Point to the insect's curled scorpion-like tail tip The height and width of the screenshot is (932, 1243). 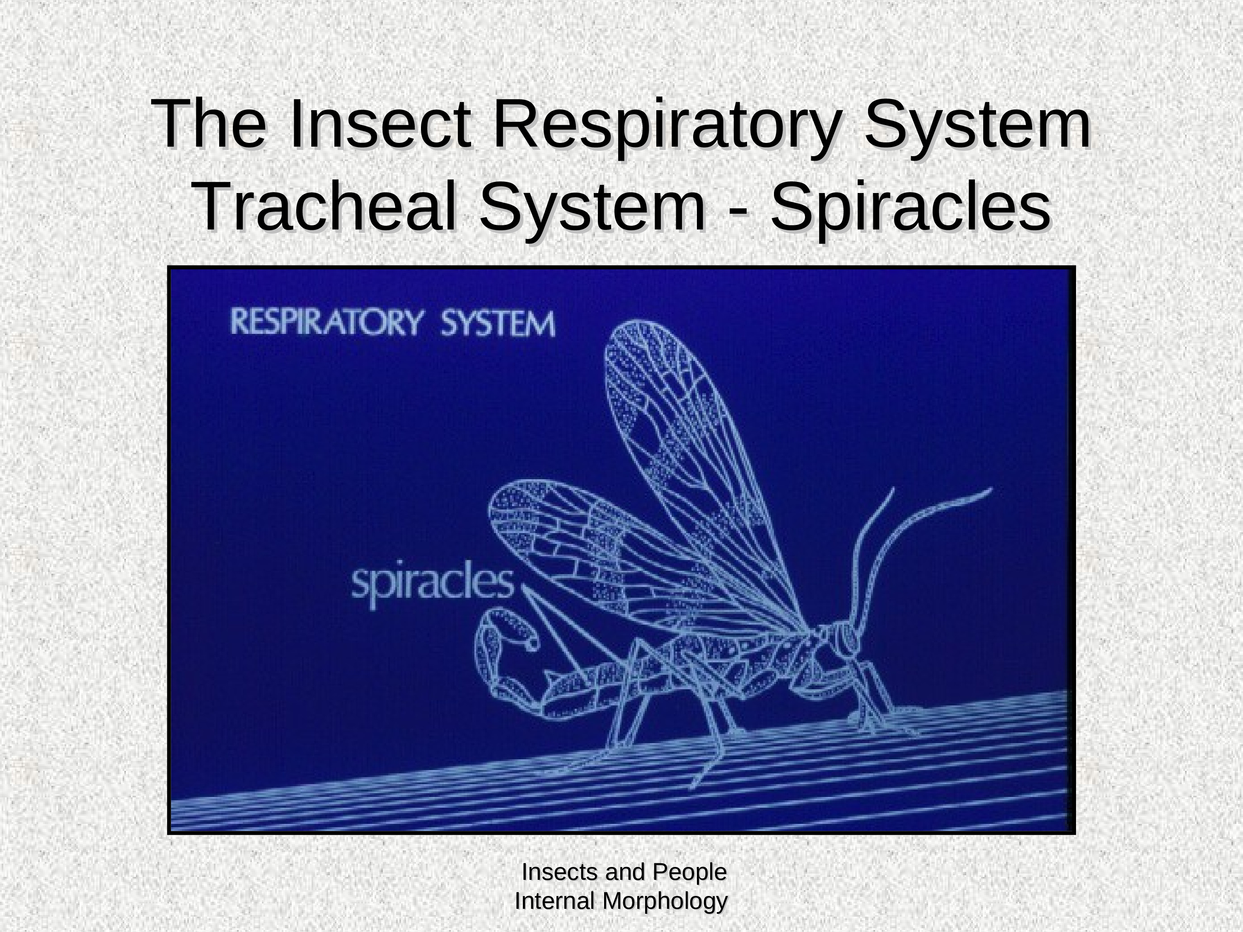click(532, 644)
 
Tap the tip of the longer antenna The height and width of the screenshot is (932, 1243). click(992, 488)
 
